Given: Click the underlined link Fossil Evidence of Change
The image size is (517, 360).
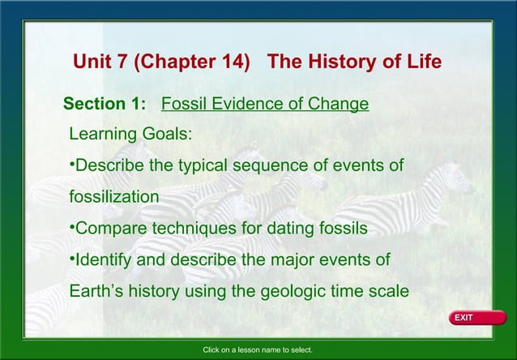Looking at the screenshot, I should click(x=265, y=105).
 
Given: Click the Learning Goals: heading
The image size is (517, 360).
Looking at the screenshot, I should click(x=130, y=134).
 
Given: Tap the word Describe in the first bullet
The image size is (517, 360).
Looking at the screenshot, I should click(x=109, y=166).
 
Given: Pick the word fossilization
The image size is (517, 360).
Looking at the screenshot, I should click(x=113, y=197).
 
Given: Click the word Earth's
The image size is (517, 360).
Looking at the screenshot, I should click(x=97, y=292).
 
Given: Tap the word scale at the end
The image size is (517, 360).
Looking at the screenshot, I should click(x=387, y=292).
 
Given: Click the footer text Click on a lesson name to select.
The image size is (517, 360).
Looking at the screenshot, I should click(x=258, y=350).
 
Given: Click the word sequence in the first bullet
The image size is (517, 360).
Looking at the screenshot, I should click(x=270, y=166).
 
